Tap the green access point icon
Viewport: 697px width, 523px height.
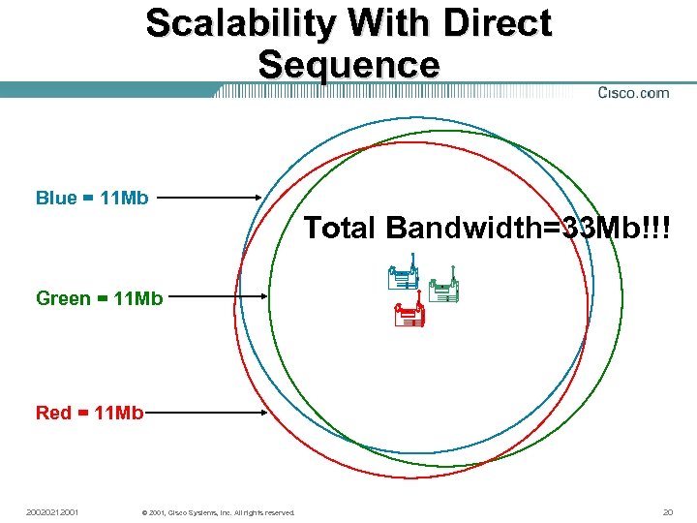[x=442, y=291]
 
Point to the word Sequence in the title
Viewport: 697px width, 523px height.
[x=348, y=64]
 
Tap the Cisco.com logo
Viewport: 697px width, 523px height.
[x=633, y=93]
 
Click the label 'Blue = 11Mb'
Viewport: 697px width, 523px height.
[x=92, y=199]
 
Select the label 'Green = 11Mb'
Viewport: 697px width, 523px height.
[x=99, y=298]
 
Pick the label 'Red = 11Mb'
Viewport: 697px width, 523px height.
[x=89, y=414]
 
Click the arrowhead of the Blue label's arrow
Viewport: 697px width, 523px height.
[x=258, y=199]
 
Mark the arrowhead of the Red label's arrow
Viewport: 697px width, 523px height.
[x=262, y=414]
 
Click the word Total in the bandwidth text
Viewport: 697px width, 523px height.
[x=341, y=229]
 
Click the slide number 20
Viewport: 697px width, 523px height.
[x=667, y=511]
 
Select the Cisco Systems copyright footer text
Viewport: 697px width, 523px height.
[x=218, y=512]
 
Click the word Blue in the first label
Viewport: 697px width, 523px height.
[x=56, y=199]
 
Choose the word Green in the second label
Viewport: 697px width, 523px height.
[x=63, y=298]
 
